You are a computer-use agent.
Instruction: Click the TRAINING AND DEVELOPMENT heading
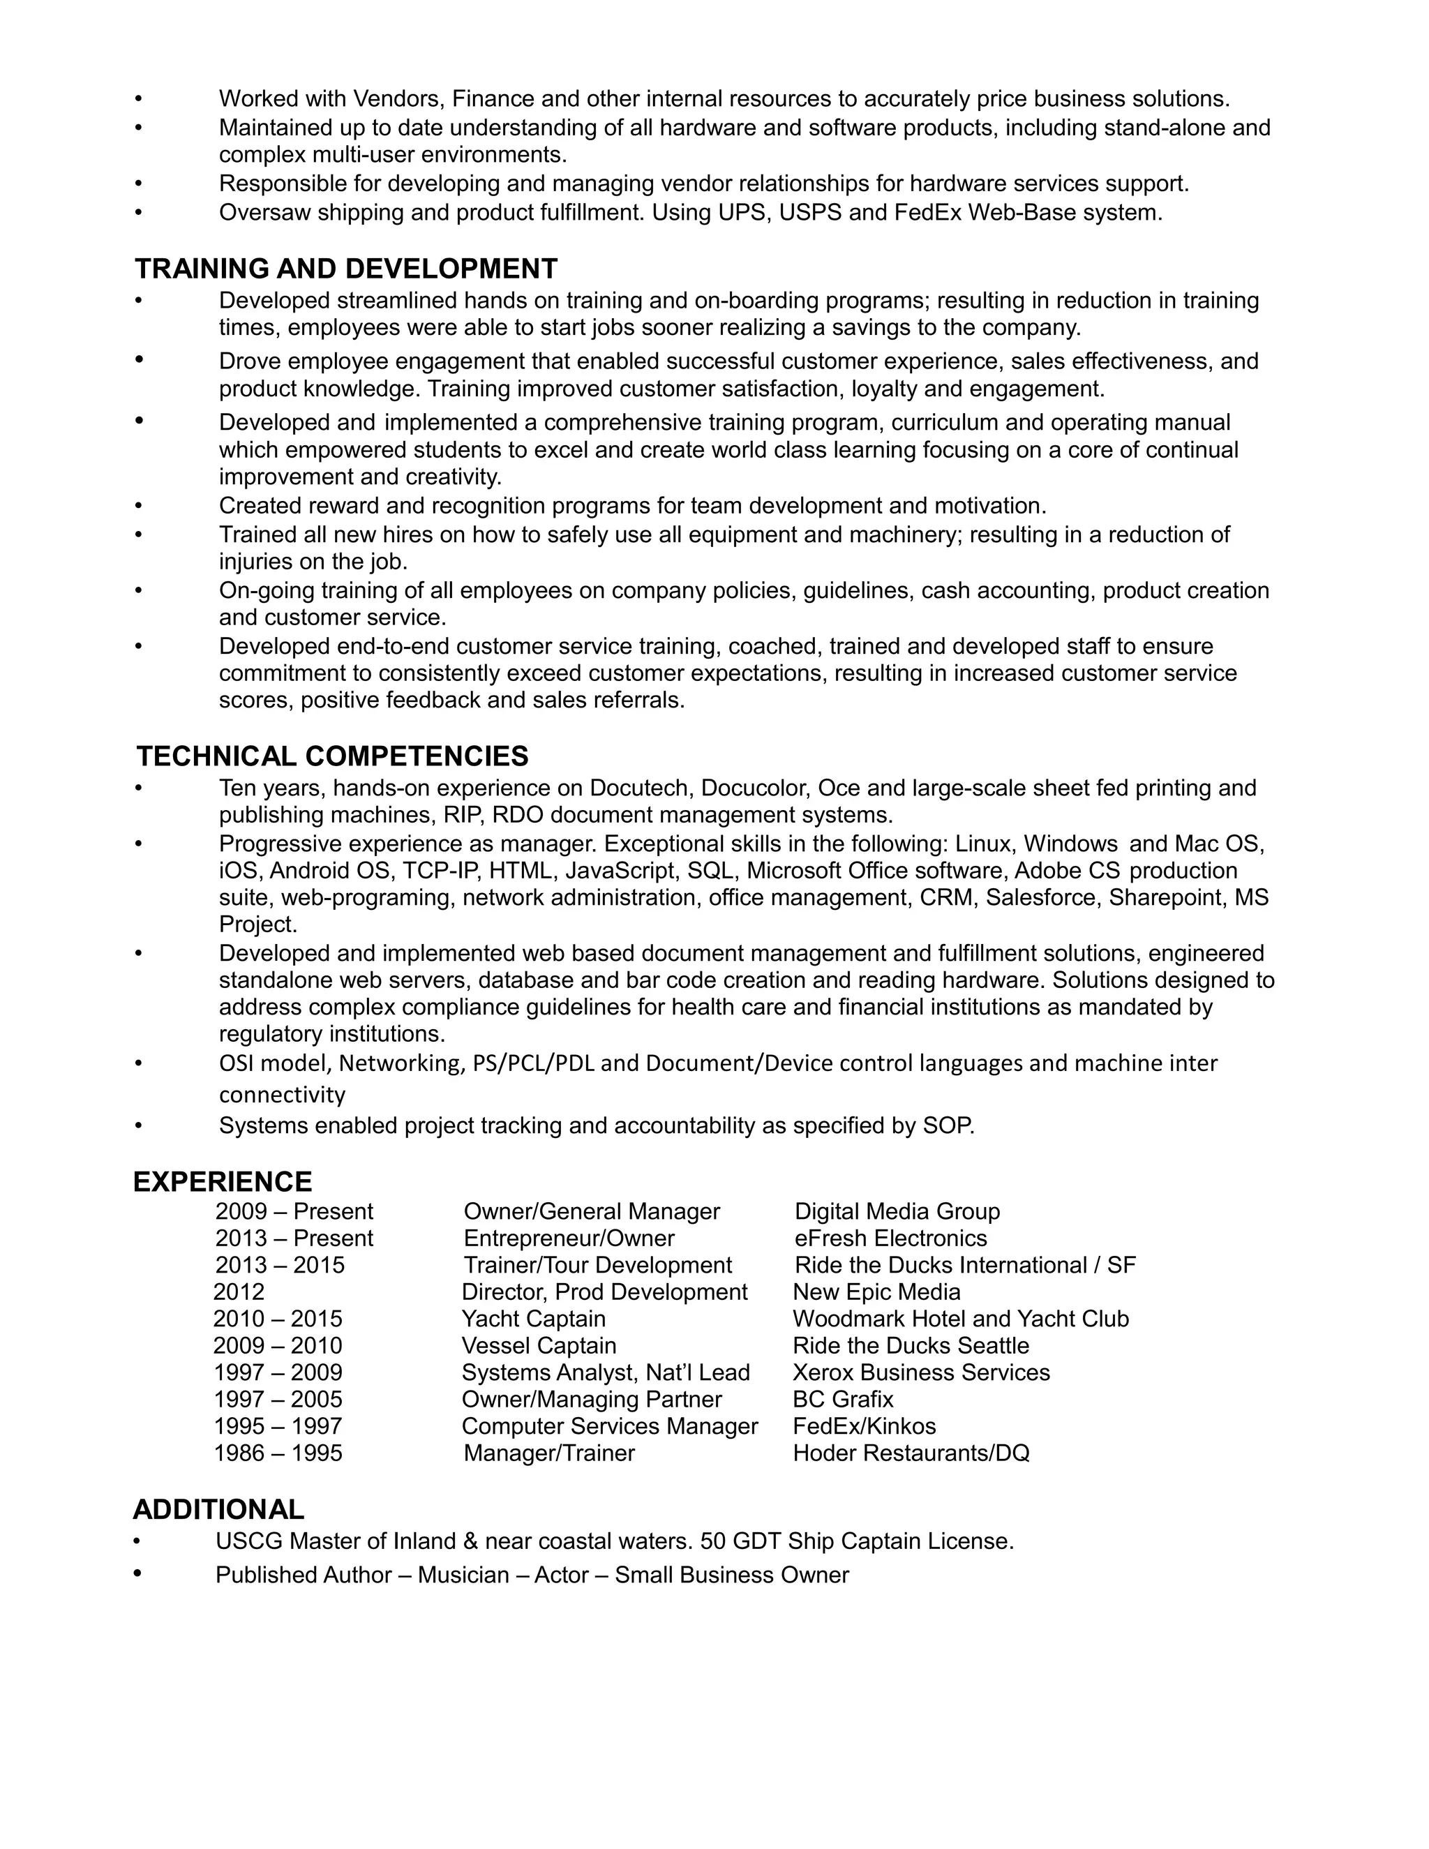click(345, 269)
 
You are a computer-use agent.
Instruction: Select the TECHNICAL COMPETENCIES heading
click(332, 756)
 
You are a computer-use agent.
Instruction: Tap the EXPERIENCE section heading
click(223, 1182)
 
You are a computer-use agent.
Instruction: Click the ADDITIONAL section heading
click(218, 1509)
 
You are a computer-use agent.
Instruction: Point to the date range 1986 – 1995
click(278, 1453)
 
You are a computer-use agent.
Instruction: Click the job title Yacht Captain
click(533, 1319)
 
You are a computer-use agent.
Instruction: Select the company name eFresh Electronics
click(890, 1238)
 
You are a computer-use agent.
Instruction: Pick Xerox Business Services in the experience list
click(921, 1372)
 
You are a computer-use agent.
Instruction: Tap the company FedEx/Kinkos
click(865, 1427)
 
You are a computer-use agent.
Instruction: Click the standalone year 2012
click(239, 1292)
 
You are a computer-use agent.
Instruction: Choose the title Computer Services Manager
click(610, 1427)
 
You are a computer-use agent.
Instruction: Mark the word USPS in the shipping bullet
click(809, 213)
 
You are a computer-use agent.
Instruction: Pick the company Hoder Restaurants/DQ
click(911, 1453)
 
